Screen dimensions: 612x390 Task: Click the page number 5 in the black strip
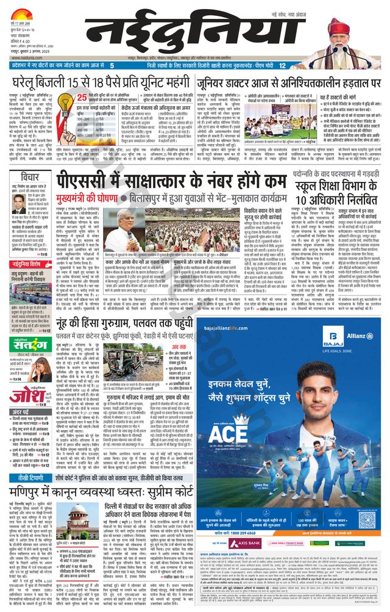coord(112,65)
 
